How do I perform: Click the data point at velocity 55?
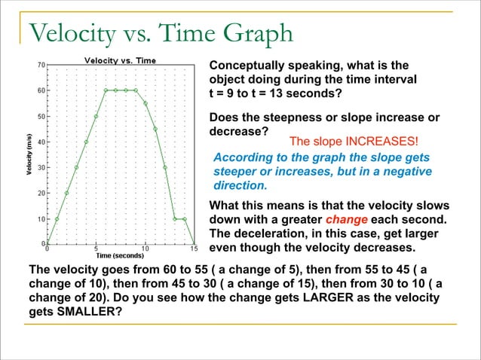point(145,103)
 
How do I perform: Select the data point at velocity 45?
point(155,129)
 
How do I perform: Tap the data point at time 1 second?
point(57,219)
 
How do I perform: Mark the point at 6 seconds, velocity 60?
point(106,90)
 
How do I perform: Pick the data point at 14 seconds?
point(184,219)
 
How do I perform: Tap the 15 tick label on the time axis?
point(194,248)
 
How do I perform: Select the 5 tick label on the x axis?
point(96,248)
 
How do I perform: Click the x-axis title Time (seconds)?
point(119,255)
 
